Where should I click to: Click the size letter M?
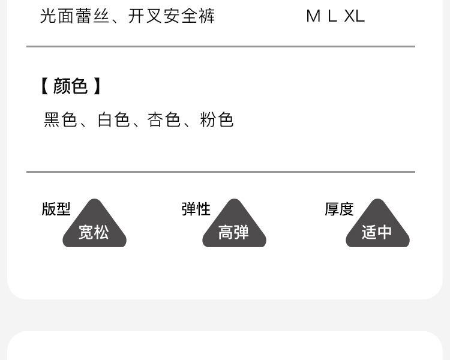[x=313, y=16]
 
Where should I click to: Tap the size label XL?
[x=355, y=16]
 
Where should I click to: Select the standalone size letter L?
[x=332, y=16]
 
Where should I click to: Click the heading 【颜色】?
[x=70, y=86]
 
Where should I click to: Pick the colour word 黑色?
[x=61, y=120]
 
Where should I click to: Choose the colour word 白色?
[x=114, y=120]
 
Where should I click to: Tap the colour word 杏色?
[x=164, y=120]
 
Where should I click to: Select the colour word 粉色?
[x=217, y=120]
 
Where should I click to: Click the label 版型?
[x=56, y=209]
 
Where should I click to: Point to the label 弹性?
[x=196, y=209]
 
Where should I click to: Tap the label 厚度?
[x=340, y=209]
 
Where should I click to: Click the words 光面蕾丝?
[x=75, y=16]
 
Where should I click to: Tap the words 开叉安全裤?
[x=171, y=16]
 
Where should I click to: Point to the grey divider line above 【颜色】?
[x=221, y=46]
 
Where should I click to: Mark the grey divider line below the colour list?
[x=221, y=172]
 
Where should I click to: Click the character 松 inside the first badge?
[x=101, y=232]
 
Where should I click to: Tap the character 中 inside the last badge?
[x=385, y=232]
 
